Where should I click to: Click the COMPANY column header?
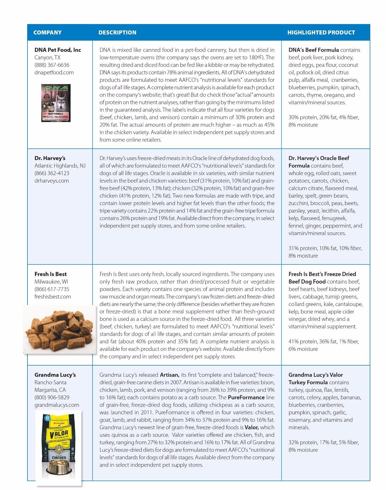(47, 33)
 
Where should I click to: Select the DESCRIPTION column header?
(117, 33)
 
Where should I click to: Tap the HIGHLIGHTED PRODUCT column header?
(321, 33)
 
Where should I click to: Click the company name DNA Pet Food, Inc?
(58, 50)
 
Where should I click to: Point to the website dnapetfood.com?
(54, 72)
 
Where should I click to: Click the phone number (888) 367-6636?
(52, 65)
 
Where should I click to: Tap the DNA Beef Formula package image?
(56, 103)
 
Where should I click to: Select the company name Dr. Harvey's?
(50, 158)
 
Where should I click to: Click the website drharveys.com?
(52, 181)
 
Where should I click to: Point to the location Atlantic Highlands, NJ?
(60, 166)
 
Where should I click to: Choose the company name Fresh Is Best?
(50, 274)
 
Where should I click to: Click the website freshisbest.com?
(52, 297)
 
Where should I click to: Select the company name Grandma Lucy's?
(55, 375)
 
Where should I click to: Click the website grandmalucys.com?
(57, 405)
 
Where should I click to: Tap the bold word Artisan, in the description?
(169, 375)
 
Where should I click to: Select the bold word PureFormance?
(246, 397)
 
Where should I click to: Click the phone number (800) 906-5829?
(52, 397)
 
